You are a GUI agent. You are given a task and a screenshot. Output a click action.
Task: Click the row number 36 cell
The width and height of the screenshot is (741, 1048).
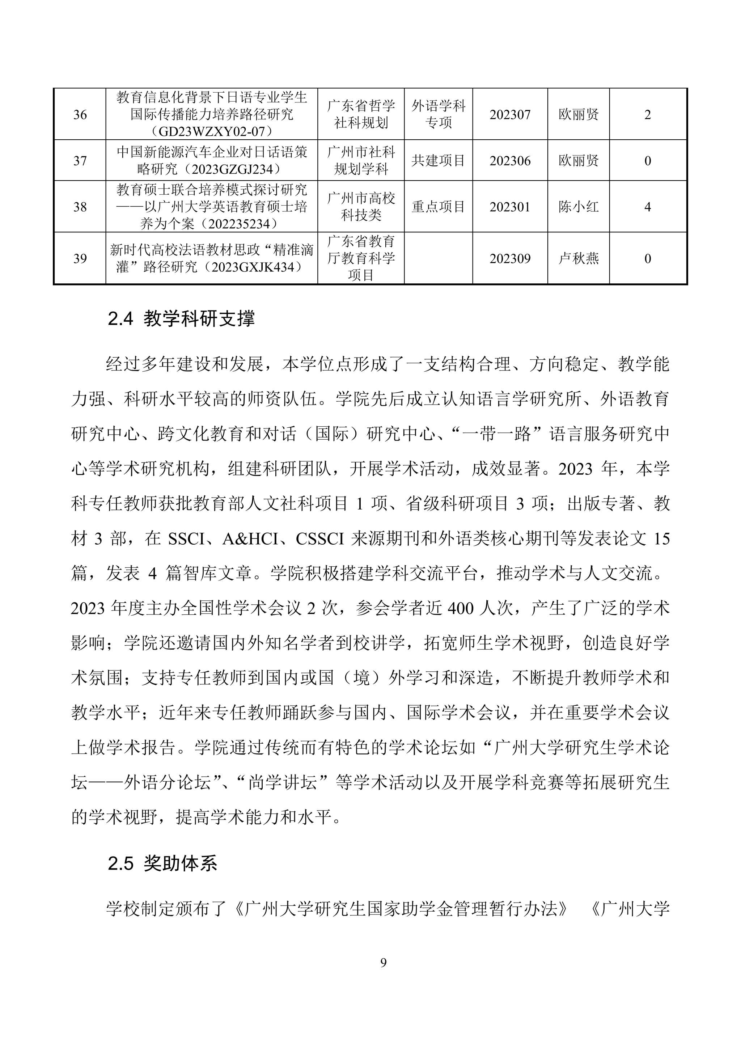tap(80, 115)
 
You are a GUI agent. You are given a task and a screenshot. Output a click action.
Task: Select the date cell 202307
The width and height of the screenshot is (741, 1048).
tap(510, 115)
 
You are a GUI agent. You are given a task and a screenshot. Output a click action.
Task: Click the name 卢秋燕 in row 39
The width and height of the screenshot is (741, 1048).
tap(578, 259)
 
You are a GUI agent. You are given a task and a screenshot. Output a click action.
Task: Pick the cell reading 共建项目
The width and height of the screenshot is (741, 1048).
tap(438, 161)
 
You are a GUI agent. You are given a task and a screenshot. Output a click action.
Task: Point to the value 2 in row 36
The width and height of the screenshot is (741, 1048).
tap(647, 115)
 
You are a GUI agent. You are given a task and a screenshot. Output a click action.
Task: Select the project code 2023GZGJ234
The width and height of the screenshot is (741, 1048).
tap(230, 169)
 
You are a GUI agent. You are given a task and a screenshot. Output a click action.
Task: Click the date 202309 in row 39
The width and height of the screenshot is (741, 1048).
tap(510, 259)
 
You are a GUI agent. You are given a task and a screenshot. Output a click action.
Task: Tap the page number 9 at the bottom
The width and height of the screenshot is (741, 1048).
tap(383, 963)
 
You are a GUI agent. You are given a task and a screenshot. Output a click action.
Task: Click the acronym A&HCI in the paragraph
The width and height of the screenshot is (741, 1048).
tap(250, 540)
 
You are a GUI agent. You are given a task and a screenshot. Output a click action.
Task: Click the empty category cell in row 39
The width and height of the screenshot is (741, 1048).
tap(438, 259)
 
